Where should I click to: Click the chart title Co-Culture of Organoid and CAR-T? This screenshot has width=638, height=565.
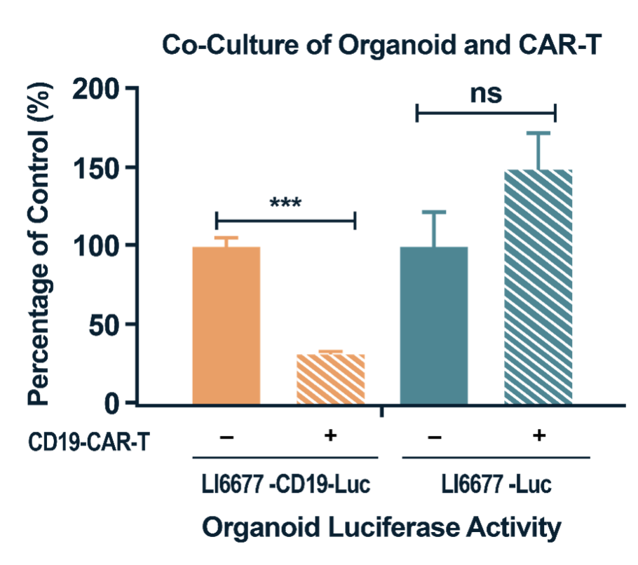coord(383,46)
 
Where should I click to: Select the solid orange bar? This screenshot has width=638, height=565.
coord(226,325)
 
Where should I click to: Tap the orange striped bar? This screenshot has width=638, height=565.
coord(330,379)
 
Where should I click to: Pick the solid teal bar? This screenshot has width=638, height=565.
coord(433,325)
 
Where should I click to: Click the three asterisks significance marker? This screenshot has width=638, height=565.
coord(285,204)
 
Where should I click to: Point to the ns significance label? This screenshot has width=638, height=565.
coord(486,93)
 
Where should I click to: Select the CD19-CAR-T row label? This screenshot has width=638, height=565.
coord(89,441)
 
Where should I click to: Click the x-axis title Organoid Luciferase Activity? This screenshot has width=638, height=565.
coord(382,526)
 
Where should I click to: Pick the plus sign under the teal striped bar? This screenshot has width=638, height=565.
coord(538,436)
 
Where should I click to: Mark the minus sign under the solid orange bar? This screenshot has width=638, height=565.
coord(226,437)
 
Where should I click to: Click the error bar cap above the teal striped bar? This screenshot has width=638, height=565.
coord(538,133)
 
